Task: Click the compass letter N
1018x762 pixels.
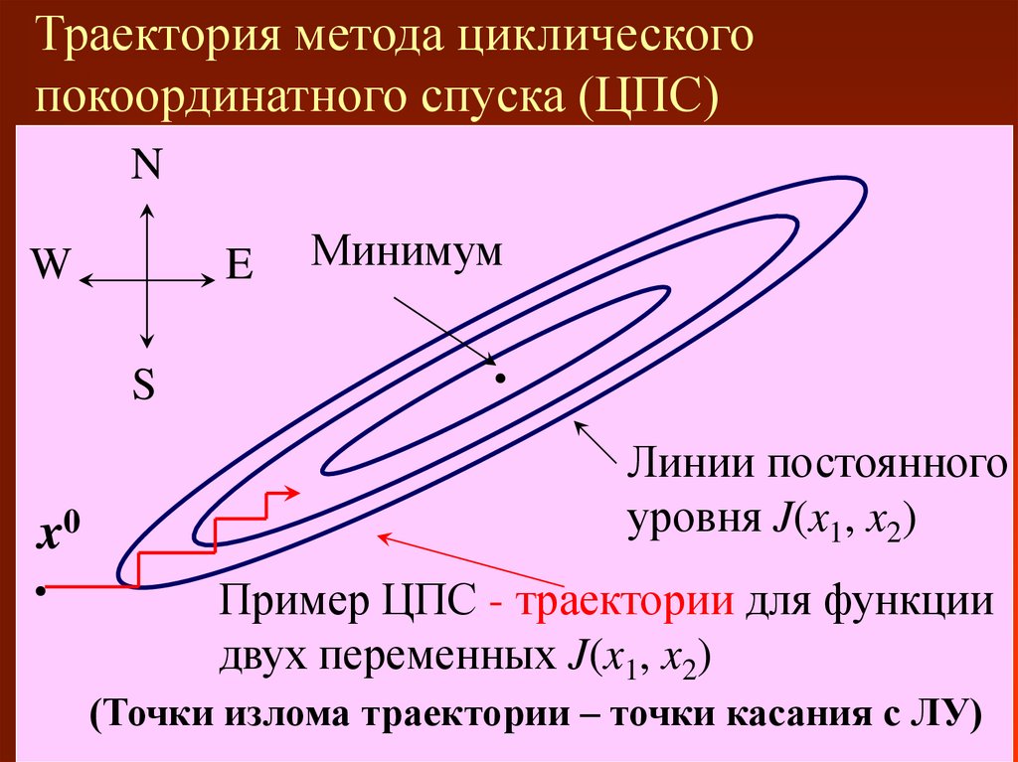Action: tap(147, 165)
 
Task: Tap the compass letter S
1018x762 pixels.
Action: tap(146, 386)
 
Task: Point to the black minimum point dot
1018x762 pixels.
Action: tap(501, 379)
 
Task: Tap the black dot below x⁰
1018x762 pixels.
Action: tap(40, 590)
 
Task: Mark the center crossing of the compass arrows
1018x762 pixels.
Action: tap(147, 281)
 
